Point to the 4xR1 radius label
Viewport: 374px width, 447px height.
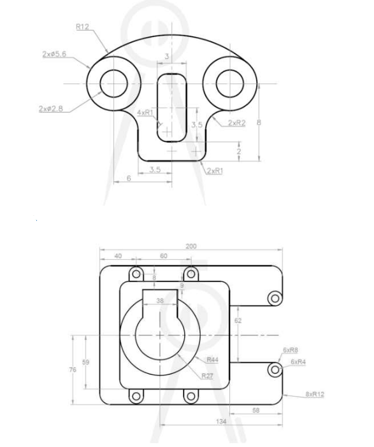146,113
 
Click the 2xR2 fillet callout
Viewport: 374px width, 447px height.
236,122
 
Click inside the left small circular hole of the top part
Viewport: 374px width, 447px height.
114,83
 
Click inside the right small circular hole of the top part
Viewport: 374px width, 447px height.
229,83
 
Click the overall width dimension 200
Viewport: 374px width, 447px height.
191,246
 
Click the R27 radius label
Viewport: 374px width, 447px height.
207,376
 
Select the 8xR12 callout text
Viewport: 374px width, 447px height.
315,395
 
